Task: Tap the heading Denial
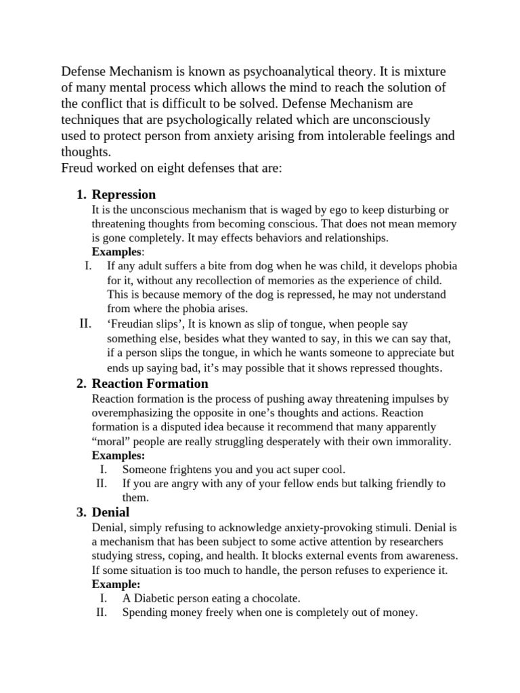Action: coord(110,512)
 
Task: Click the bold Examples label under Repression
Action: coord(116,252)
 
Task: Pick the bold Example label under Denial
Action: coord(115,584)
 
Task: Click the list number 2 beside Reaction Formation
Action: coord(81,384)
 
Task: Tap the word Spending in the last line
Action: coord(145,612)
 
